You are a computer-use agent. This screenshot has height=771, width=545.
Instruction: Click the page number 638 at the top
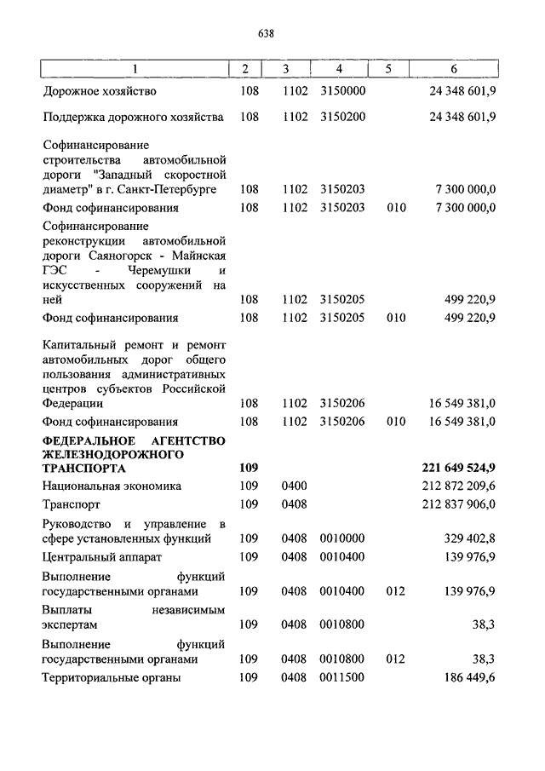(265, 33)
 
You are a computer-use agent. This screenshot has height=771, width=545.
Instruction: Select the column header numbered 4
(339, 69)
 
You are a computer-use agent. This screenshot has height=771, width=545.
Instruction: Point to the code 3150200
(343, 116)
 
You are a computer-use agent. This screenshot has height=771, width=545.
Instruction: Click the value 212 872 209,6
(459, 486)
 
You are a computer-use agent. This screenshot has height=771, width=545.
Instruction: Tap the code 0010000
(343, 538)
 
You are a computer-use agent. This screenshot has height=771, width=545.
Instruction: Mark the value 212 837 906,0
(459, 503)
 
